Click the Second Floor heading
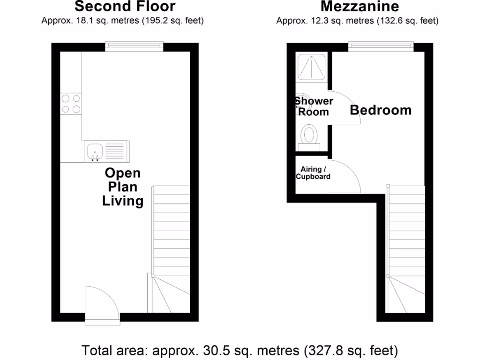tap(125, 7)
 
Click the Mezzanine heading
tap(360, 7)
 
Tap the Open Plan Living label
tap(123, 187)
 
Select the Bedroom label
tap(381, 110)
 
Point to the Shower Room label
tap(314, 106)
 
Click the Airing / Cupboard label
tap(313, 173)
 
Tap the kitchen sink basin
tap(95, 151)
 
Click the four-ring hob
tap(71, 104)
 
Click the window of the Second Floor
tap(134, 46)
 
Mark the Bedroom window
tap(381, 46)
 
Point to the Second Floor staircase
tap(171, 248)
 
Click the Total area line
tap(240, 350)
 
